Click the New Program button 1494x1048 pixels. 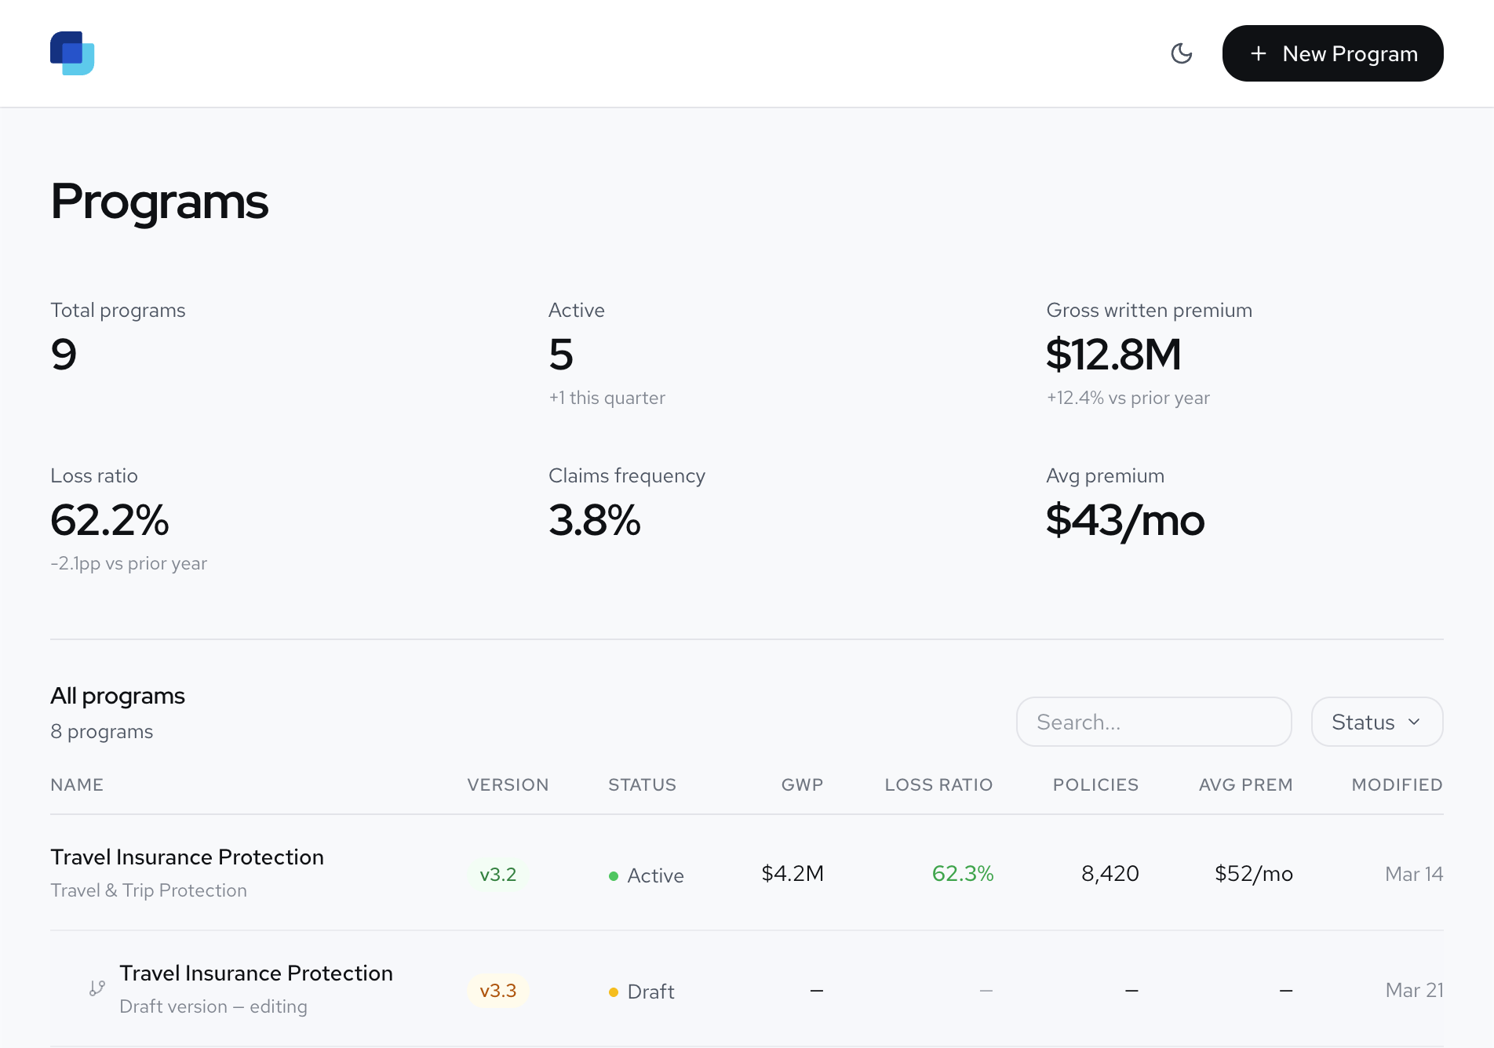point(1332,53)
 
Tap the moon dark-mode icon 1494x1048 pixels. point(1181,53)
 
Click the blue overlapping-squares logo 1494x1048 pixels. point(72,53)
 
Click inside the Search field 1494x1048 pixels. point(1153,722)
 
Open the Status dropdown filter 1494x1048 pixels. point(1376,722)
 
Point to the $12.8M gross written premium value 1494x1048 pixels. point(1113,355)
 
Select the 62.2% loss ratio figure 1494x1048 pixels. point(110,520)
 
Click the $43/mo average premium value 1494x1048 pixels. point(1125,520)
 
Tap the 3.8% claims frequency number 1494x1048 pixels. point(595,520)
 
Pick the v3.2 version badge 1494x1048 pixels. point(498,875)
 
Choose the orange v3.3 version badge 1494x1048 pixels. point(498,991)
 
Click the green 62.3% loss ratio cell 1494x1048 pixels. point(963,874)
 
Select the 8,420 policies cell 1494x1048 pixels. point(1110,874)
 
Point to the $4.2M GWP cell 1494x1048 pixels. point(793,874)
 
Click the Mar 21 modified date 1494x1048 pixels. point(1414,990)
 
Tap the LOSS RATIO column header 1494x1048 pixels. point(938,784)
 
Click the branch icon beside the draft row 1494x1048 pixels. point(97,988)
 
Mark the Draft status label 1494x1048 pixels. point(650,992)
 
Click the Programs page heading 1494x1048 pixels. point(159,202)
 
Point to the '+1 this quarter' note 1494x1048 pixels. point(607,398)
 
